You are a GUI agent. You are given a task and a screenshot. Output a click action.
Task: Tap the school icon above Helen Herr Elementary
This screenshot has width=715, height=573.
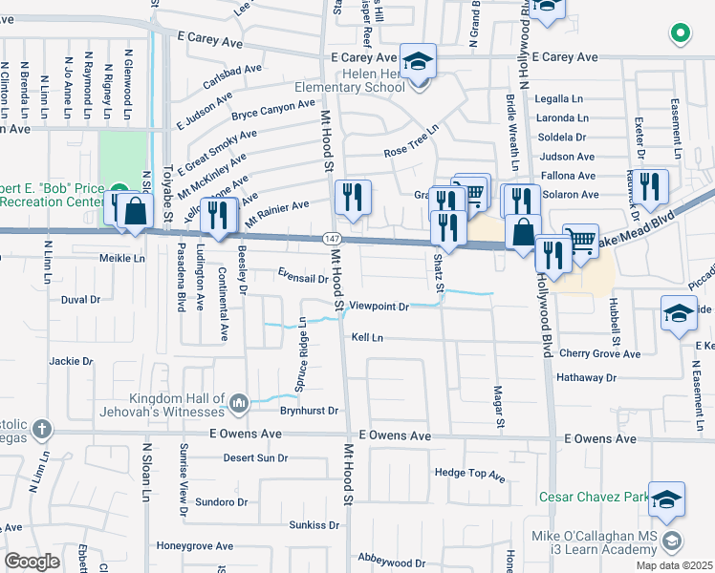pos(418,62)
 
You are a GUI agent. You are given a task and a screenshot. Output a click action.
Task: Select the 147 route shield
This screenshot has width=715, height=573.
pos(331,237)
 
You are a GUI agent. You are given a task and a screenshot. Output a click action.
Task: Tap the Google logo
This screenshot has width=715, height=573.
pos(32,562)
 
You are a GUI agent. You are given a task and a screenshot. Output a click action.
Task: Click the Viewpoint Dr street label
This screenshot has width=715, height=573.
pos(379,307)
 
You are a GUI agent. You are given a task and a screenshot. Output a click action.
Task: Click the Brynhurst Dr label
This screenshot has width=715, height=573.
pos(310,411)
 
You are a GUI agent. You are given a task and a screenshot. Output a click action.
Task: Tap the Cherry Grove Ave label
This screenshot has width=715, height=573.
pos(600,353)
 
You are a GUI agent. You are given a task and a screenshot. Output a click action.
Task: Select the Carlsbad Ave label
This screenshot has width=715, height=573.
pos(238,70)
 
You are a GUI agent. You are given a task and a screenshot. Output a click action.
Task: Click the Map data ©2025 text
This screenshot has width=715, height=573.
pos(674,565)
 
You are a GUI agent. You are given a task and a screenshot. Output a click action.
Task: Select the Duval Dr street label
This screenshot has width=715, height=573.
pos(80,299)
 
